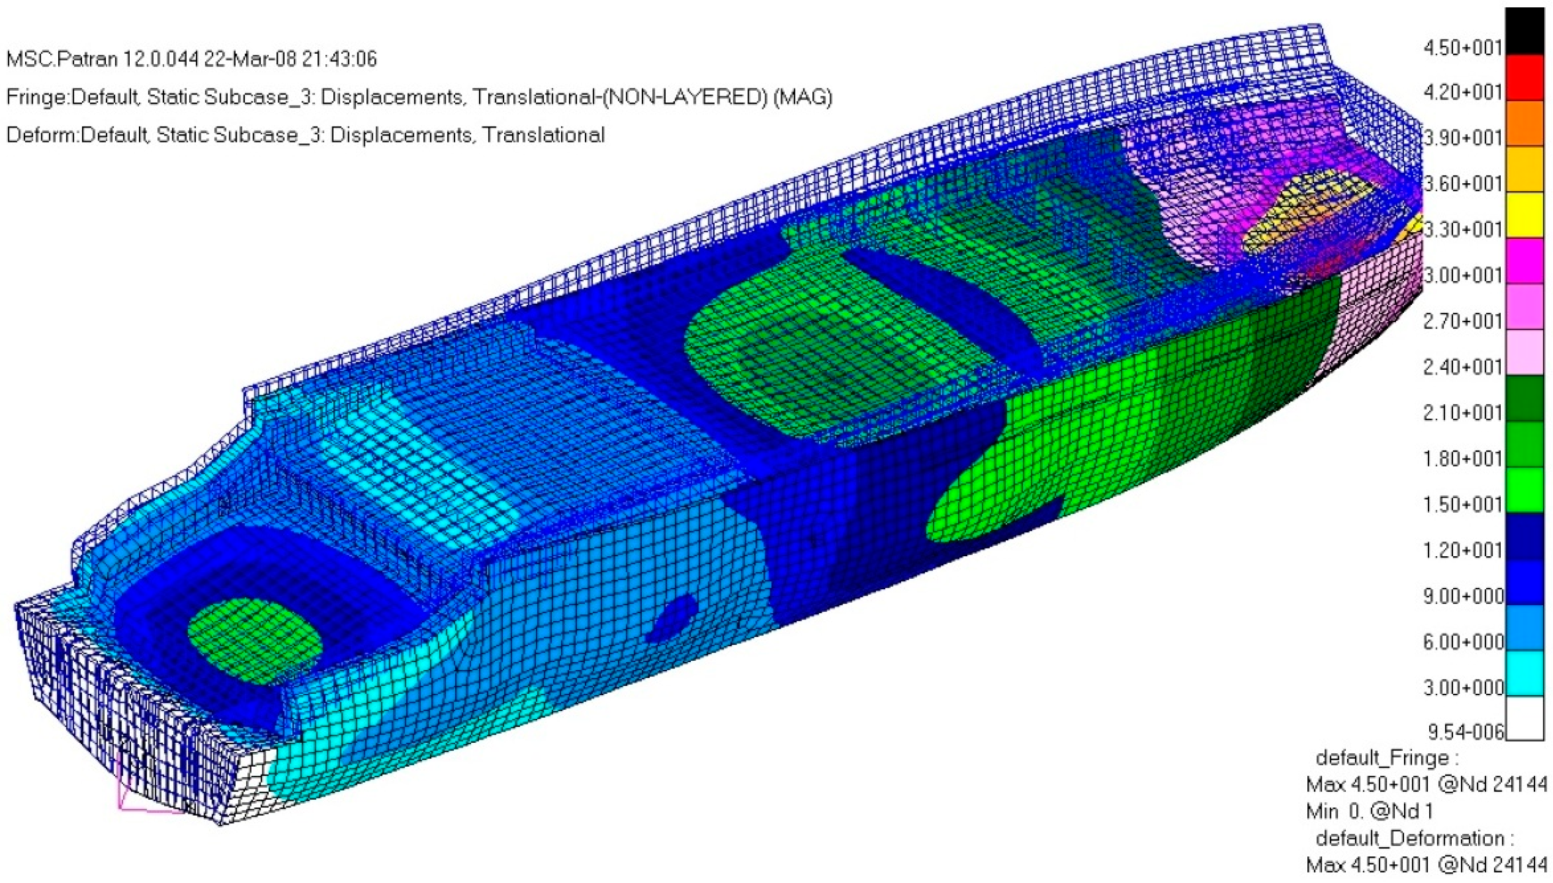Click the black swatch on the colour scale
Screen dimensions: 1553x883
pyautogui.click(x=1525, y=32)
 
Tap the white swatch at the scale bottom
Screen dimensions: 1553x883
pyautogui.click(x=1525, y=718)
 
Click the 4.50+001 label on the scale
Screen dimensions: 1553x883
pyautogui.click(x=1462, y=47)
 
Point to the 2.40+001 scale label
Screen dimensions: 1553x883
pyautogui.click(x=1462, y=367)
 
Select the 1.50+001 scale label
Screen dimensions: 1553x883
pyautogui.click(x=1462, y=505)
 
